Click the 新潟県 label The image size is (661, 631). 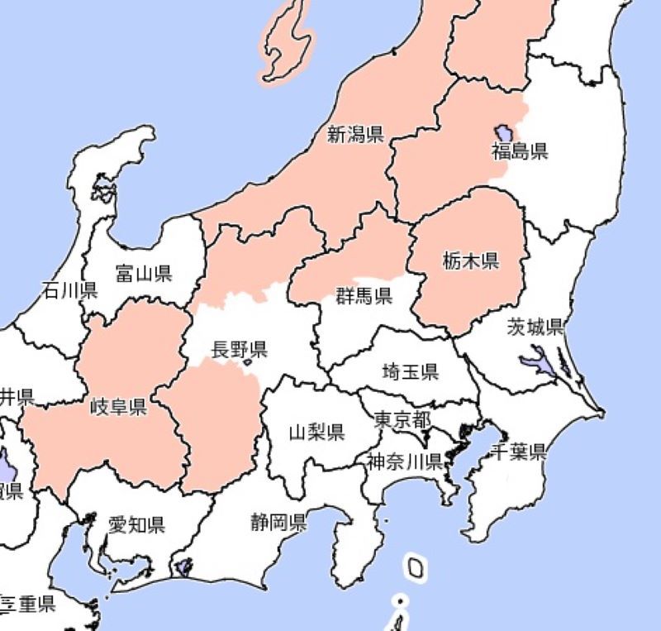click(355, 135)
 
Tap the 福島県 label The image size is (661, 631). click(519, 151)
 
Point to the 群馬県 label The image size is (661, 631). click(364, 296)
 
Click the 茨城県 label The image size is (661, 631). click(535, 327)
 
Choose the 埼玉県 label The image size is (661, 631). click(410, 371)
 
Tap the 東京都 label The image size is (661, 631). click(402, 419)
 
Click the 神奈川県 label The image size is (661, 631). click(405, 461)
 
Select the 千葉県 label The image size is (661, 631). click(519, 452)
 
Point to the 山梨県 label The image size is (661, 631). click(316, 432)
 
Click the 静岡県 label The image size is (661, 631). click(279, 522)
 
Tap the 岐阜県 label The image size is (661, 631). click(118, 406)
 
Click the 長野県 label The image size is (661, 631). click(239, 349)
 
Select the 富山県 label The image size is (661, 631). click(144, 273)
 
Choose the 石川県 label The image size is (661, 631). click(70, 290)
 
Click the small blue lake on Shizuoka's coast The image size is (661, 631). click(183, 568)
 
